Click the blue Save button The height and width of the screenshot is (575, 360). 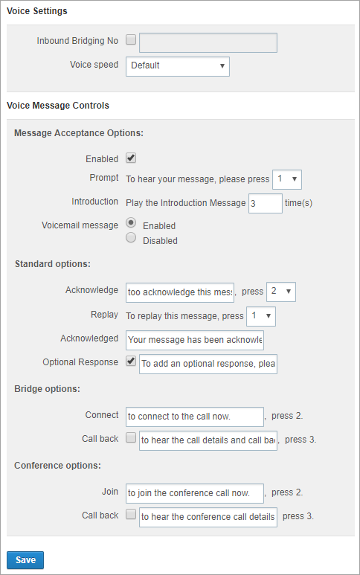[x=25, y=560]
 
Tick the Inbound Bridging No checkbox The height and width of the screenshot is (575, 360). [x=131, y=39]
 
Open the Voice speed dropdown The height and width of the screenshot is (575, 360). [x=178, y=66]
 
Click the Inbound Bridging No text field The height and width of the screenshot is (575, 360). [x=208, y=43]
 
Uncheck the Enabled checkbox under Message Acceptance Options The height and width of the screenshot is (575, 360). [x=131, y=158]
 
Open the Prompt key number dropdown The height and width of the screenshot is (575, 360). [x=286, y=179]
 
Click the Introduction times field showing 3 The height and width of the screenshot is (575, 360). [x=266, y=204]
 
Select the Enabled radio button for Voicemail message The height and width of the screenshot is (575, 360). [x=131, y=222]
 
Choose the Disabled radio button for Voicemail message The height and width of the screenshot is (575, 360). [x=131, y=237]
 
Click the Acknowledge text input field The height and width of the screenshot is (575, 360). [x=180, y=292]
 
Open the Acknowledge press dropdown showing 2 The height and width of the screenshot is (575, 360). [x=281, y=292]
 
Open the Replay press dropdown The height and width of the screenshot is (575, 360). [x=261, y=316]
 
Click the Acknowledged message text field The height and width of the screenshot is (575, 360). [x=195, y=340]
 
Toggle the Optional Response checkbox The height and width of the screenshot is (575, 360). [x=131, y=361]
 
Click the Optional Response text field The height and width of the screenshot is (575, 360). [x=208, y=364]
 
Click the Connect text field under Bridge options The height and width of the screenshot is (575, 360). [x=195, y=417]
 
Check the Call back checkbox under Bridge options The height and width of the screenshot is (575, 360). [x=131, y=437]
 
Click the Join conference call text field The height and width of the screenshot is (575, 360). [x=195, y=493]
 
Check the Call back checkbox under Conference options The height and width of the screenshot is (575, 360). [x=131, y=514]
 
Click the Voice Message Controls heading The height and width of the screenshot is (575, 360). [x=58, y=106]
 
